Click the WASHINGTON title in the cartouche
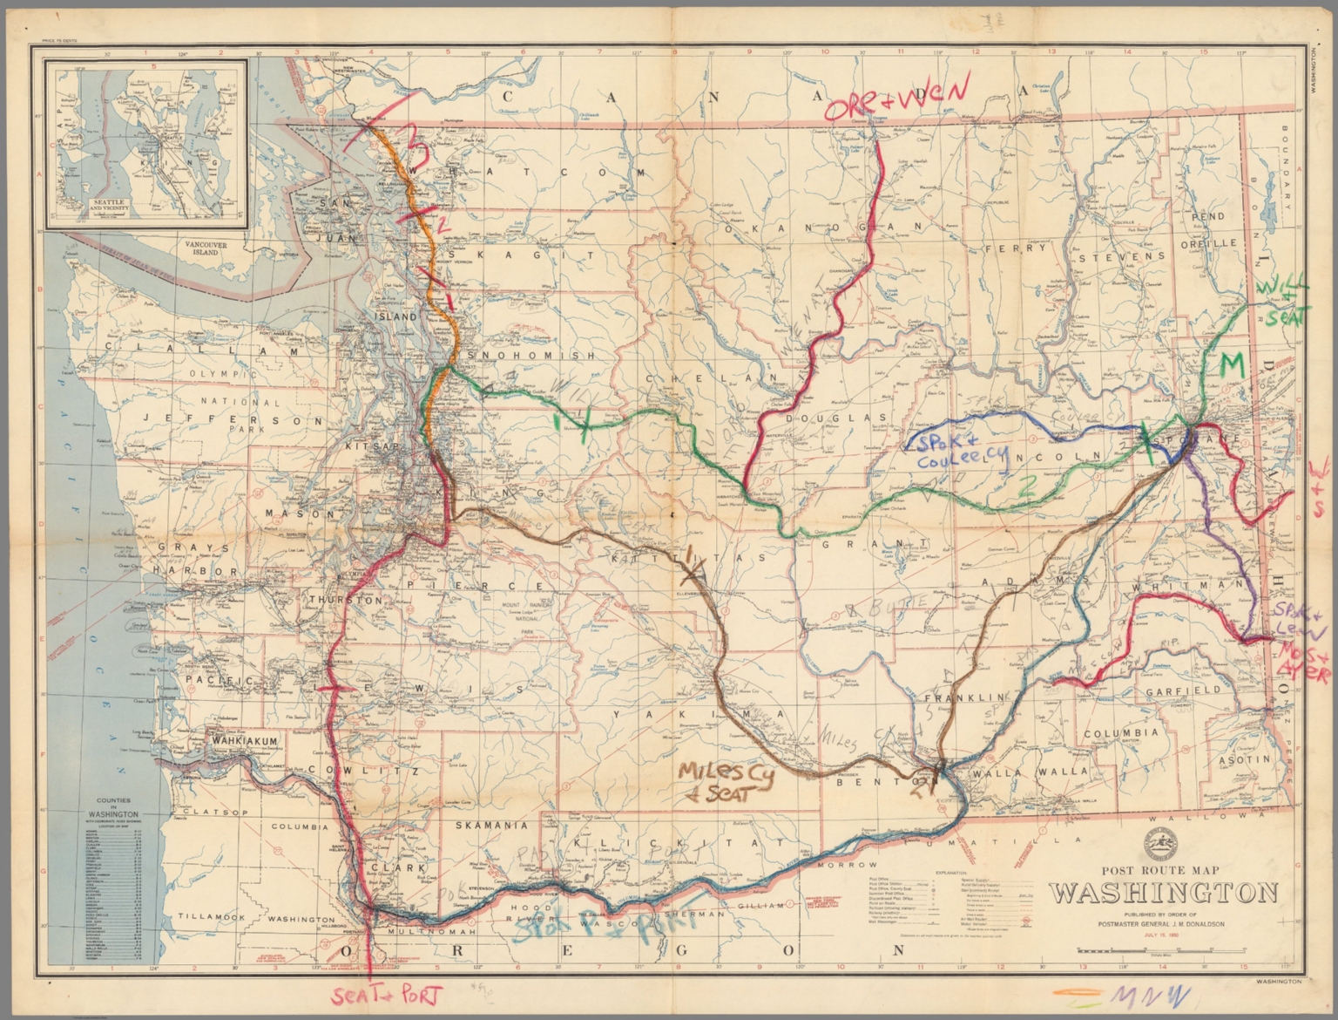1163,894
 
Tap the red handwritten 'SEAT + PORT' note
388,996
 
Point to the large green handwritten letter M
1234,364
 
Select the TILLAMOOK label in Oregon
206,917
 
